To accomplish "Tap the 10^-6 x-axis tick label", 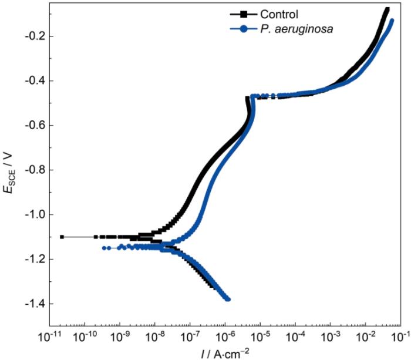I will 225,335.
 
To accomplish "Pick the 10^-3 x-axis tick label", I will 330,335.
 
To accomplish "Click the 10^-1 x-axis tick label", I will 400,335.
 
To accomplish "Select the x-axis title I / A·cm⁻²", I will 224,352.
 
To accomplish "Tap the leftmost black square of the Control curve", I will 62,237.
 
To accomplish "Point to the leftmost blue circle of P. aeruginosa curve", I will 104,248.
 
